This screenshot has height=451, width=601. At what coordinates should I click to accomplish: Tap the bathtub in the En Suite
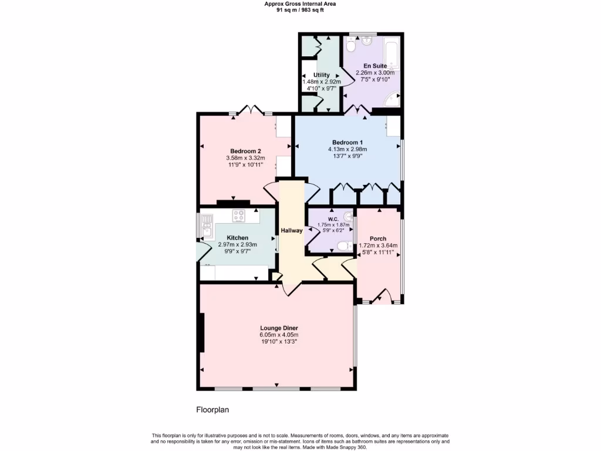coord(391,53)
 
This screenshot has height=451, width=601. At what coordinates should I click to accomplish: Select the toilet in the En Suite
coord(352,45)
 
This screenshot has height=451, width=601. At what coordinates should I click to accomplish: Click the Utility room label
coord(321,75)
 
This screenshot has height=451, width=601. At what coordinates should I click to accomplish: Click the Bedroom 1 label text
coord(347,142)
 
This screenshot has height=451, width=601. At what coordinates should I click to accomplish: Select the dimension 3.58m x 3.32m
coord(245,158)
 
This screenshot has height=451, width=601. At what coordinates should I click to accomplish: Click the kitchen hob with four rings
coord(239,216)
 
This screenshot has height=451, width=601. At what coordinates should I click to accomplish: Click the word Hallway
coord(291,230)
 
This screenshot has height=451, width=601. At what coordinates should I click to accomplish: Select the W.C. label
coord(333,219)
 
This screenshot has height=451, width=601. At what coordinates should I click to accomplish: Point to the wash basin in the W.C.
coord(350,216)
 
